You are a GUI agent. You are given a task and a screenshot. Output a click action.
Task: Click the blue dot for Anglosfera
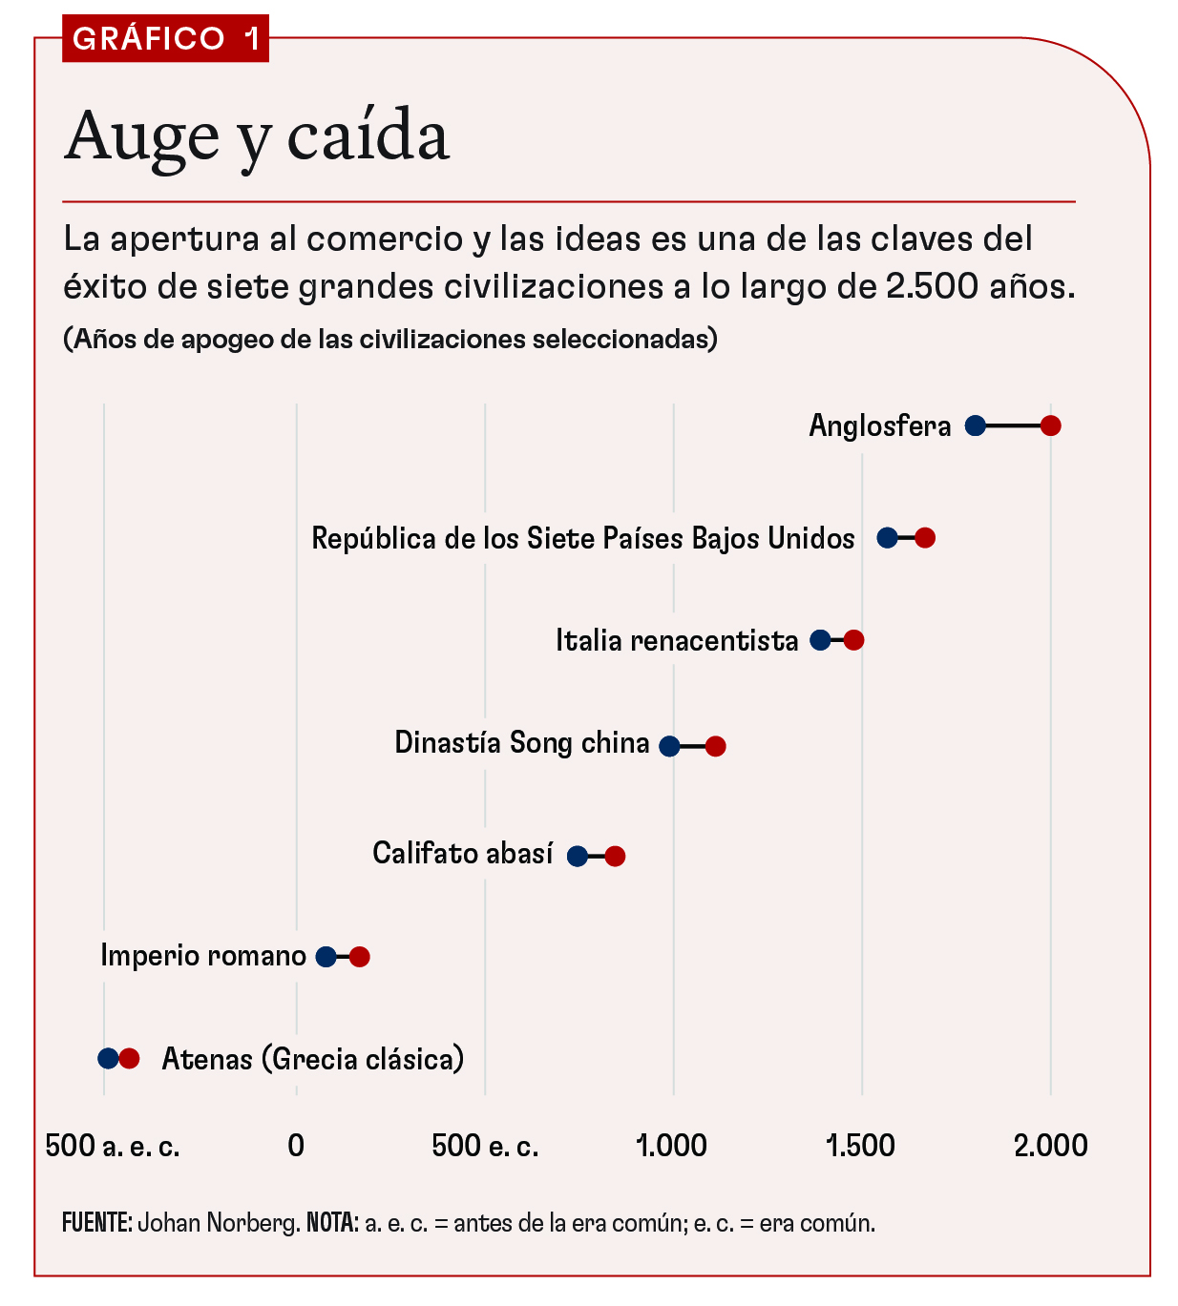[975, 425]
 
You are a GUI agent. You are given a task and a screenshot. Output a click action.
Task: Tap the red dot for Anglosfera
[1050, 425]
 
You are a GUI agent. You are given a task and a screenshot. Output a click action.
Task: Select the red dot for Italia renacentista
[853, 640]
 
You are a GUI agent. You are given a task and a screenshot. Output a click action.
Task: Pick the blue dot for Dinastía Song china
[670, 746]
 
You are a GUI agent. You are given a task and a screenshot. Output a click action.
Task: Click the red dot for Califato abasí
[615, 856]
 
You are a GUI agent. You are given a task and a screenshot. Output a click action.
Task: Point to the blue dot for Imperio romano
[326, 957]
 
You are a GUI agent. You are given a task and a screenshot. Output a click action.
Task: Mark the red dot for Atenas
[130, 1058]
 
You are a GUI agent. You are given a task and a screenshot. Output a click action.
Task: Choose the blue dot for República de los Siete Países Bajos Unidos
[887, 538]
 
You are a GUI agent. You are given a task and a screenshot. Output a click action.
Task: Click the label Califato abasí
[462, 853]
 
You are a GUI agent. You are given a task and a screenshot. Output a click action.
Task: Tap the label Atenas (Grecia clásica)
[312, 1059]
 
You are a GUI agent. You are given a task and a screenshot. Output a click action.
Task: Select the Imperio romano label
[203, 956]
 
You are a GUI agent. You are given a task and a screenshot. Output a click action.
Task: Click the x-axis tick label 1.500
[861, 1146]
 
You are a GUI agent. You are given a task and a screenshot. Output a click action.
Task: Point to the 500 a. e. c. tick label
[113, 1146]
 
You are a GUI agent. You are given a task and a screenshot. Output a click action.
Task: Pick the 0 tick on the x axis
[296, 1146]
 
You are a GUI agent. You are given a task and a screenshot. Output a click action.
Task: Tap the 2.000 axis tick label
[1050, 1146]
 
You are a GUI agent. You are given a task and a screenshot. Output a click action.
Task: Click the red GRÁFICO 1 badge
[165, 38]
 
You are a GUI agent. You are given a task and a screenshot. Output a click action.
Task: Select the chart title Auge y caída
[257, 136]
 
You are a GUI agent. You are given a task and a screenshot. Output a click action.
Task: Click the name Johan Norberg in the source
[219, 1223]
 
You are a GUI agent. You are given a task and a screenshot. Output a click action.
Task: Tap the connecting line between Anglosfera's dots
[1013, 425]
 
